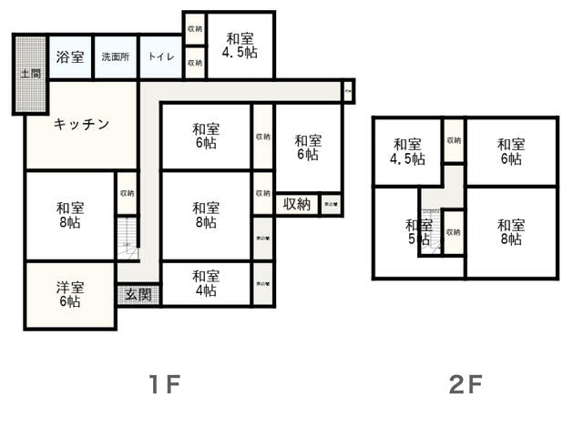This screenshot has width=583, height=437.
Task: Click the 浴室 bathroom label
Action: click(x=70, y=57)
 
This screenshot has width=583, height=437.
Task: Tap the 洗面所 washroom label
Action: click(x=115, y=57)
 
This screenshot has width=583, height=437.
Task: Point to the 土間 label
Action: click(x=29, y=73)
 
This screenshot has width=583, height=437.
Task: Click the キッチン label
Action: click(x=81, y=124)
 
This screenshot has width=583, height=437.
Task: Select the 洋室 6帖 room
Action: click(x=69, y=295)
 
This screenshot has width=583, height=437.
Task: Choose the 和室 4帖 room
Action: click(x=206, y=283)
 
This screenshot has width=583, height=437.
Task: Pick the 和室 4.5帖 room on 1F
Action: click(x=240, y=46)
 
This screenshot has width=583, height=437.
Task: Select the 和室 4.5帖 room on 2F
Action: click(x=407, y=151)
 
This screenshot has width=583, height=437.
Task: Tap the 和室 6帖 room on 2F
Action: click(x=511, y=151)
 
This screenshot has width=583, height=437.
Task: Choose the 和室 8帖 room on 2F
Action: click(x=511, y=232)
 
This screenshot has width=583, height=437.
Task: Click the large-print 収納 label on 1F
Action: click(x=296, y=204)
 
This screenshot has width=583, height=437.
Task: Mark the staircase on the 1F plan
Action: click(x=127, y=239)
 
